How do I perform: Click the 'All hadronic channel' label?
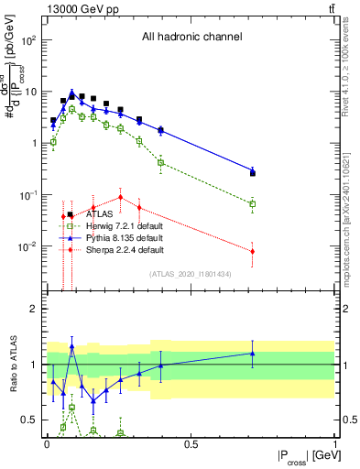coord(191,38)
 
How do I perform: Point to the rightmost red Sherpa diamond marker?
coord(253,251)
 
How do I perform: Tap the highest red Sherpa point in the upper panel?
coord(120,197)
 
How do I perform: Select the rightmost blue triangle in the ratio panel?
coord(253,353)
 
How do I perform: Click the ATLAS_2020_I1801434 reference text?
coord(191,274)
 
